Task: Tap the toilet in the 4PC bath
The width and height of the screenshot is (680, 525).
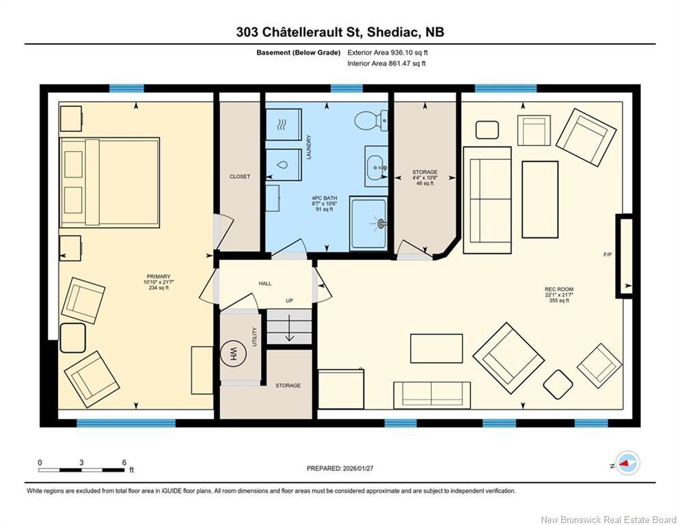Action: [370, 121]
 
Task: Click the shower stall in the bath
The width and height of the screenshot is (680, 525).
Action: [368, 223]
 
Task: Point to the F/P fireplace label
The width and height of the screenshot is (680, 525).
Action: [607, 254]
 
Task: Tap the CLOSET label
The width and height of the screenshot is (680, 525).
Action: [239, 176]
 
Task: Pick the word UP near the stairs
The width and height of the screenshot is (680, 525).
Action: [289, 301]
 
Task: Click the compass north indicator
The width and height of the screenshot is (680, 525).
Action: [627, 463]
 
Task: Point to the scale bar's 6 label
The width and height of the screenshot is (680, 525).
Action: [124, 463]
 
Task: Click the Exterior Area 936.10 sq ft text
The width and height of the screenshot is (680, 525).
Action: [387, 52]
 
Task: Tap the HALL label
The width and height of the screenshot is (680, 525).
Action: [265, 283]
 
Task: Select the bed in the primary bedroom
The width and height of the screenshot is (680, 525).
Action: [109, 183]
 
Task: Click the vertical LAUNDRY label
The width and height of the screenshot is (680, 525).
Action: [309, 147]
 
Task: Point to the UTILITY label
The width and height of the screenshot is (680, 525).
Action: [254, 336]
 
